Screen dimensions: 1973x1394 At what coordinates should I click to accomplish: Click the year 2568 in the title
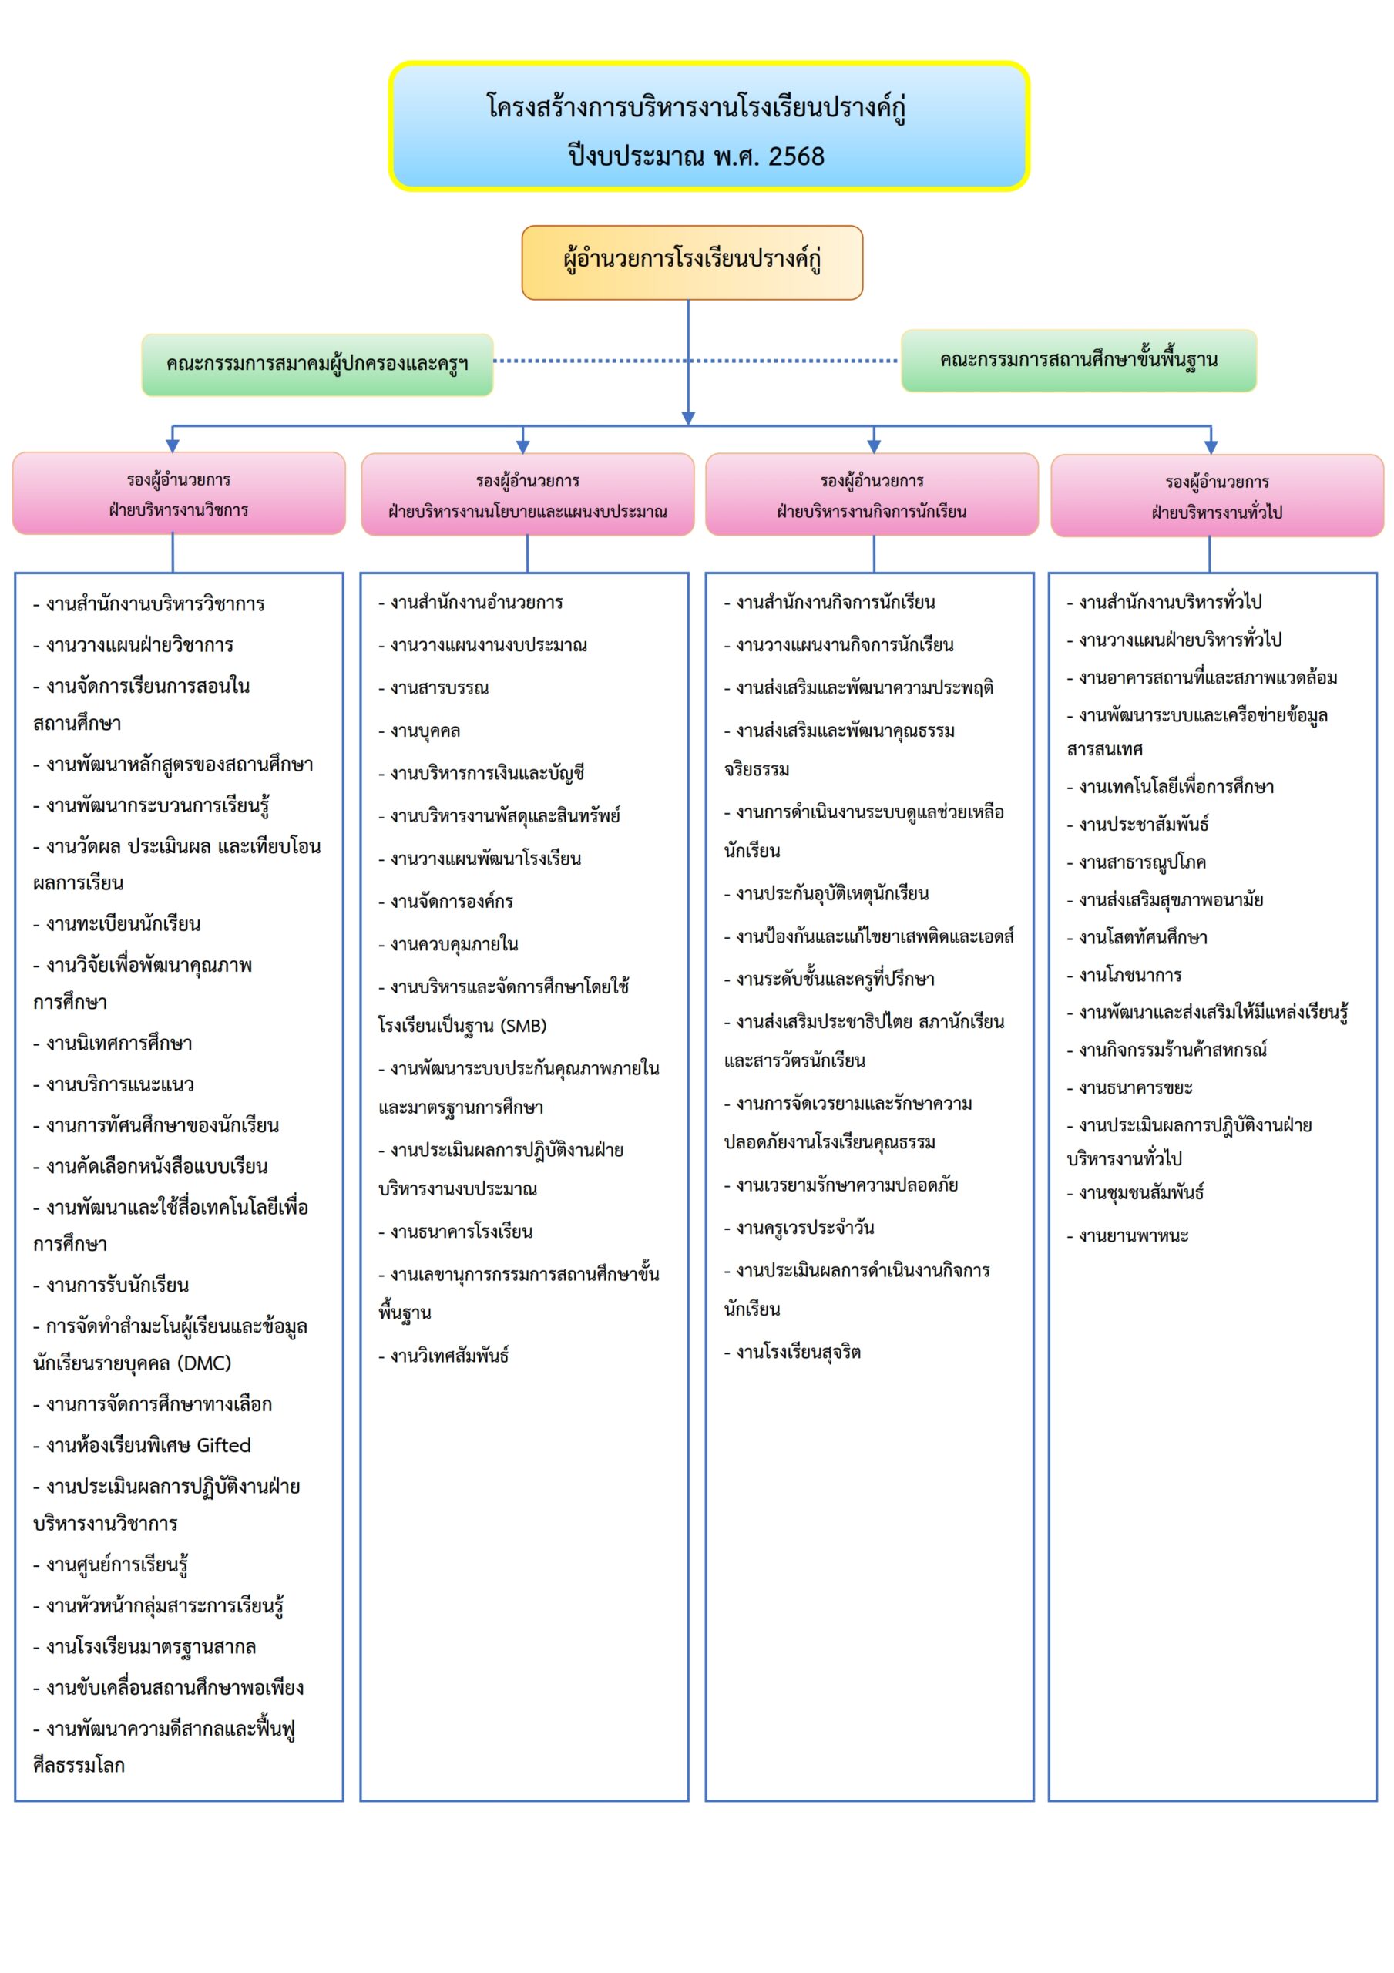[796, 156]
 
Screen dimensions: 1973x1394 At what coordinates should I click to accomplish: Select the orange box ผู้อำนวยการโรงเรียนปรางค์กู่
[692, 261]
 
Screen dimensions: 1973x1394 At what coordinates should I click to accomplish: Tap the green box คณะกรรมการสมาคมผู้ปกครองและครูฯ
[317, 365]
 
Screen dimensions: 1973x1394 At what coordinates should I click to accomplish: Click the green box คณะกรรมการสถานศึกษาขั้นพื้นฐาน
[1078, 360]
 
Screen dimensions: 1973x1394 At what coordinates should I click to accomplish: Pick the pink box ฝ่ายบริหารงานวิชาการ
[179, 494]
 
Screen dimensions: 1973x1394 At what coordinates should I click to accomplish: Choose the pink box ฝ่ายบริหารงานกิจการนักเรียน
[872, 496]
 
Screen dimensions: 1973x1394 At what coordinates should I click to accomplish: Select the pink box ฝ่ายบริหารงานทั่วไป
[1216, 496]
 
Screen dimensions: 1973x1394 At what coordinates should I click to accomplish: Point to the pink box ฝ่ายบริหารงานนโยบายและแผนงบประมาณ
[527, 496]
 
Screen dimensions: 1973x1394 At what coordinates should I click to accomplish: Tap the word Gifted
[223, 1445]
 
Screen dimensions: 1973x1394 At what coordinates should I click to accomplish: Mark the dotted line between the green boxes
[602, 361]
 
